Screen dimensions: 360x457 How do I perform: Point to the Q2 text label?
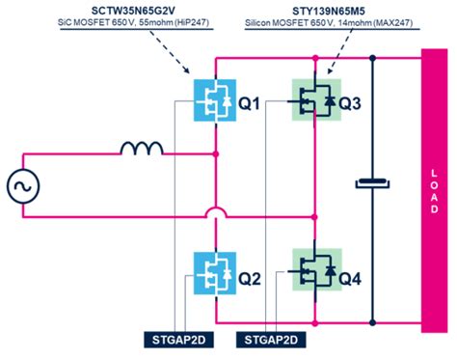[250, 278]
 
